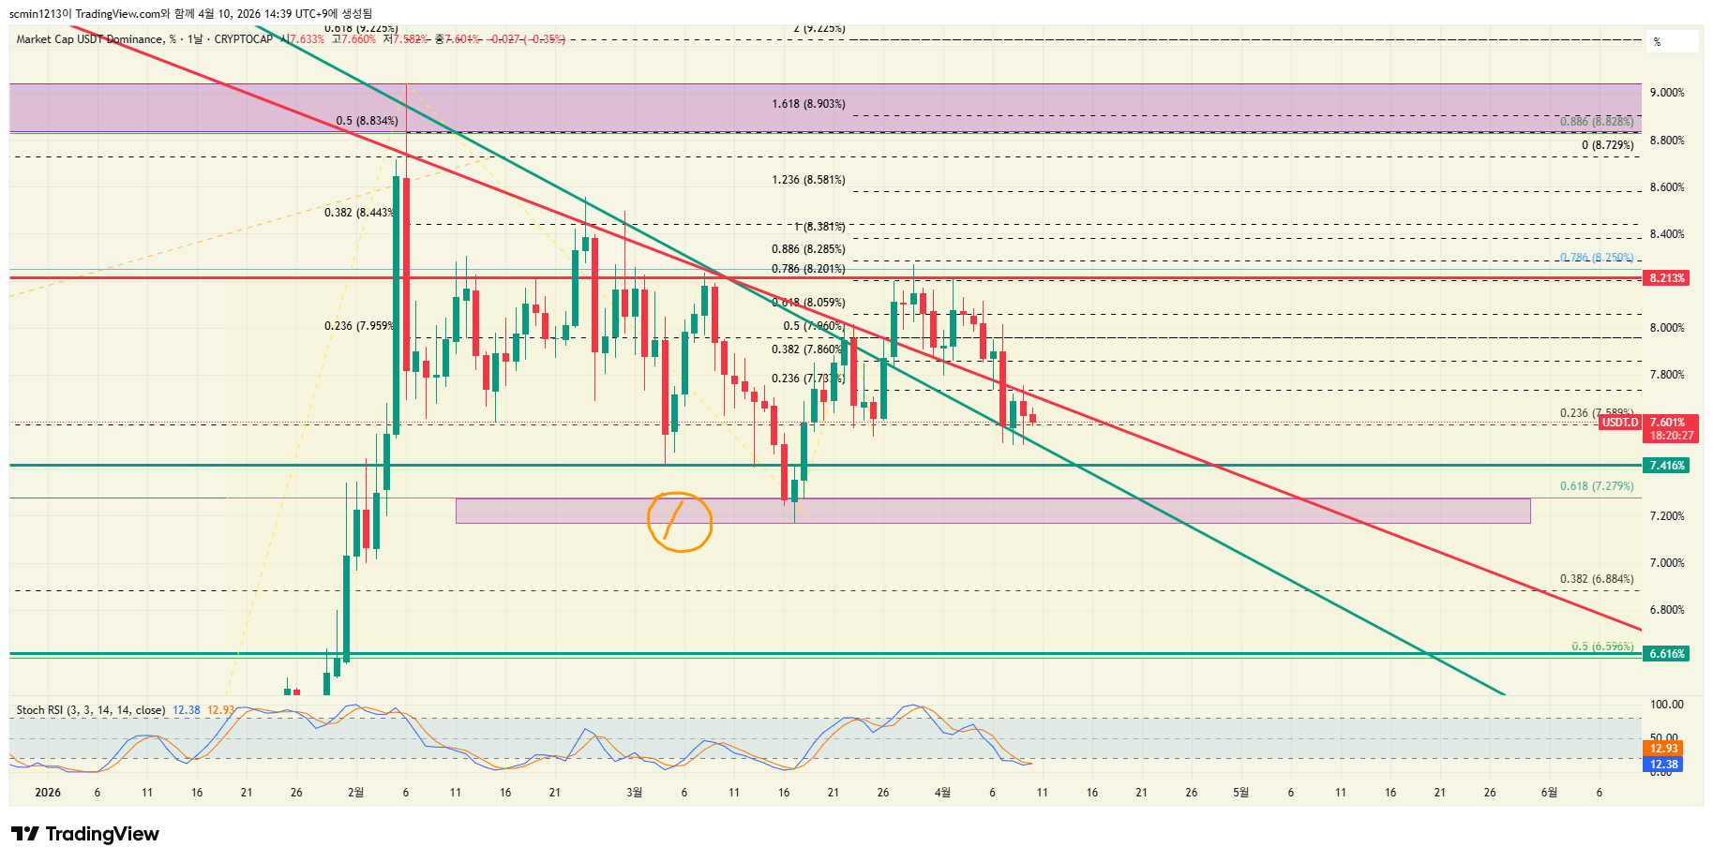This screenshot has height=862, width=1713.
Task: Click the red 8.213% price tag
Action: (1667, 278)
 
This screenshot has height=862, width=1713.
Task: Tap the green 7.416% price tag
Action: (1667, 466)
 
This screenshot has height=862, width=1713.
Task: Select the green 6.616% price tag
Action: (1667, 654)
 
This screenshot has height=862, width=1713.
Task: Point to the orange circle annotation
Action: (680, 522)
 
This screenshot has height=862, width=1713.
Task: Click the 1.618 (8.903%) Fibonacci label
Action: (808, 104)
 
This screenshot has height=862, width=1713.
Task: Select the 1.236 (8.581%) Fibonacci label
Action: (808, 180)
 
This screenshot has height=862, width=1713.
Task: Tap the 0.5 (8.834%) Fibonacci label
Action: (367, 121)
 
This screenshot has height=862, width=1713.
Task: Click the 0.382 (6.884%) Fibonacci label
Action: (1597, 579)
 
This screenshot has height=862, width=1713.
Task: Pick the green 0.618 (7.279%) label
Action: (1597, 486)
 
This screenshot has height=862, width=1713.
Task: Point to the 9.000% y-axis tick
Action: (1667, 93)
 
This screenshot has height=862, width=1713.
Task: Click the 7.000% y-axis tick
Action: (1667, 563)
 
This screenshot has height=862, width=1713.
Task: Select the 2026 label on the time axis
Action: (47, 793)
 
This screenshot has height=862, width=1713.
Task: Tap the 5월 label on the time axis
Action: (1240, 793)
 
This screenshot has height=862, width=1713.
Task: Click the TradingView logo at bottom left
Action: (85, 834)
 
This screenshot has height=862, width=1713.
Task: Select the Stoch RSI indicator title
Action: (90, 710)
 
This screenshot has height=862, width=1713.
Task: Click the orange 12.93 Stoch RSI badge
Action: (1664, 749)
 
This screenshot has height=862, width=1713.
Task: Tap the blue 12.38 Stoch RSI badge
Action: (1664, 765)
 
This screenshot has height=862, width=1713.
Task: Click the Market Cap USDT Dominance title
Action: (90, 39)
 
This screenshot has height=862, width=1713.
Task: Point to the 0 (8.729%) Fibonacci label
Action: (1607, 145)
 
